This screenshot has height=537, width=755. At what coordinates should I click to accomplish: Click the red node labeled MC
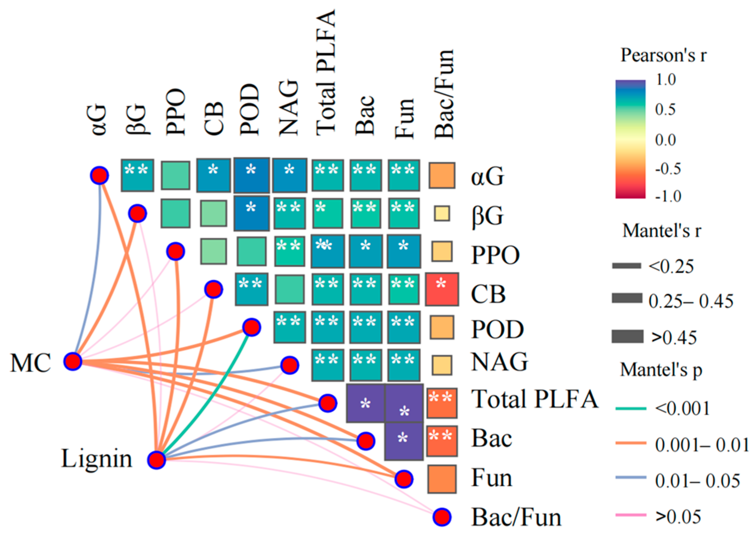(73, 362)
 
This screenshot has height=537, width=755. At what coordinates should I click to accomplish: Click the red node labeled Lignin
(157, 460)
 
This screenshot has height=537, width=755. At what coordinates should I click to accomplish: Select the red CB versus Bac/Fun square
(442, 289)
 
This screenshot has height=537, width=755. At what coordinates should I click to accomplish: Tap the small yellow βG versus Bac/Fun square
(442, 214)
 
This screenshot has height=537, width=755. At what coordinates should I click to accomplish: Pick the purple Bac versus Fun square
(404, 441)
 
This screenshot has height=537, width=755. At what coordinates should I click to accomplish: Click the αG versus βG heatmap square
(137, 175)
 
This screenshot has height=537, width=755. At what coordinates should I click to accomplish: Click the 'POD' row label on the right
(498, 329)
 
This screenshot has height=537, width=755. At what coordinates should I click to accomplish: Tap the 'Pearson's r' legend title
(663, 55)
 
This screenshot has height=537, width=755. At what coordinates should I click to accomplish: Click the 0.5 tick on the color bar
(665, 109)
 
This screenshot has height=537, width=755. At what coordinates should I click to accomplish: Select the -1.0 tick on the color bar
(667, 196)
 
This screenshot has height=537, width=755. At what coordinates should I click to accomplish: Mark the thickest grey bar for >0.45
(627, 336)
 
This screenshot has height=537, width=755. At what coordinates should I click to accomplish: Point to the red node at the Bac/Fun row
(442, 517)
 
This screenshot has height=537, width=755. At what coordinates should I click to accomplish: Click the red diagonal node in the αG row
(99, 175)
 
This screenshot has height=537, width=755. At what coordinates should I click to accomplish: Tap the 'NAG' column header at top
(289, 108)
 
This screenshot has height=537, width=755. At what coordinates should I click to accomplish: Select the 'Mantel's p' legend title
(661, 370)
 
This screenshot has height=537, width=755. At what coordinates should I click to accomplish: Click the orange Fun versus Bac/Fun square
(442, 479)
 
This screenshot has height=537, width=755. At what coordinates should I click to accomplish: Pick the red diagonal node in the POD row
(251, 327)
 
